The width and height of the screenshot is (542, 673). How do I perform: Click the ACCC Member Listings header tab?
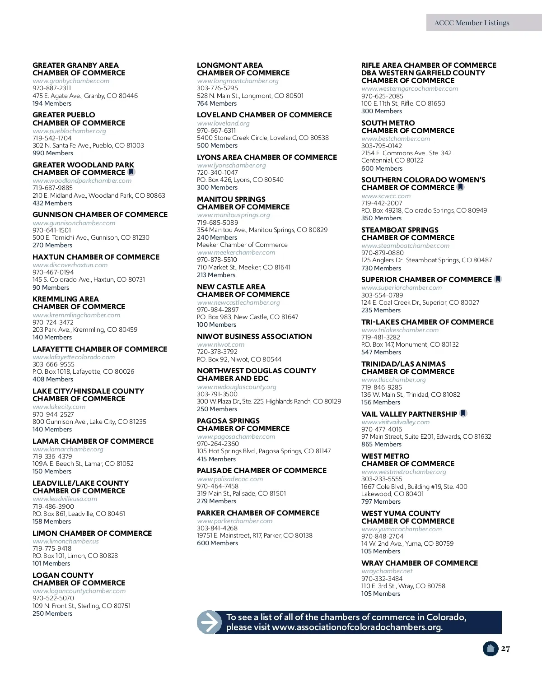point(472,23)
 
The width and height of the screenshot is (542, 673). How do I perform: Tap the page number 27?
point(505,649)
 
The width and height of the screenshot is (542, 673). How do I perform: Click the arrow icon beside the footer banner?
point(209,622)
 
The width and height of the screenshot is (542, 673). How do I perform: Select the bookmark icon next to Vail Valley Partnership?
point(463,413)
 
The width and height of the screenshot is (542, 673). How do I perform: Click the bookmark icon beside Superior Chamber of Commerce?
point(498,279)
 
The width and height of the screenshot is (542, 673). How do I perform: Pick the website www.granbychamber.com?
point(71,81)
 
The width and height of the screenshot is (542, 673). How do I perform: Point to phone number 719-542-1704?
point(52,138)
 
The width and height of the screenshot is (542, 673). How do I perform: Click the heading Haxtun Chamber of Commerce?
point(96,257)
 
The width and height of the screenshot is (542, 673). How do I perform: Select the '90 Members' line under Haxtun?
point(51,288)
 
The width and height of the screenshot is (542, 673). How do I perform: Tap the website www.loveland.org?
point(223,123)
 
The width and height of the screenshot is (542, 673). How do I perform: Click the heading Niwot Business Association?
point(254,336)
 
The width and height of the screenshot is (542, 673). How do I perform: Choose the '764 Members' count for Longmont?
point(217,103)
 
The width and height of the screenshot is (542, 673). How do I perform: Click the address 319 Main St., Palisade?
point(241,493)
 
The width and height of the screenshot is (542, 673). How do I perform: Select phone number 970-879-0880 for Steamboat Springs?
point(382,253)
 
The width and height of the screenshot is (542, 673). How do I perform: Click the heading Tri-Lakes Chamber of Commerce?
point(427,322)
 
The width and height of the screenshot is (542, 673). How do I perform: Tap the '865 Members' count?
point(381,444)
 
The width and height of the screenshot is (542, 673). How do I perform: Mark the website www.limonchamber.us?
point(65,541)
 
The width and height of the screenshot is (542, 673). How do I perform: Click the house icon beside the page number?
point(490,649)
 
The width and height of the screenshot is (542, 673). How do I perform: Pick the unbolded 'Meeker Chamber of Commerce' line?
point(242,245)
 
